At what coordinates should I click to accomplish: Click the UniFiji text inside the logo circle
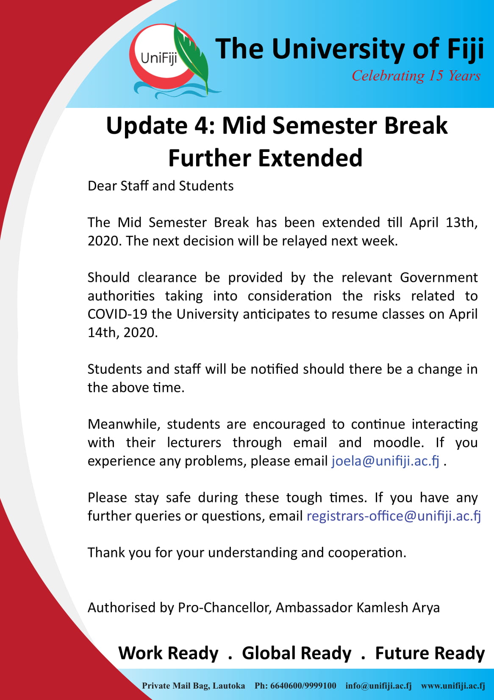[159, 58]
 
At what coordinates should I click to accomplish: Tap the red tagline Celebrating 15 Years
[416, 76]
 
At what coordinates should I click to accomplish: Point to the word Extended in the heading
[310, 158]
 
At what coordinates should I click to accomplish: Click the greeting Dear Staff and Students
[161, 186]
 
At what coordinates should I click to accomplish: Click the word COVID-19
[117, 314]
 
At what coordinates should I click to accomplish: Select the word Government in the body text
[438, 278]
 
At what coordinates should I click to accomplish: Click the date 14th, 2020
[122, 333]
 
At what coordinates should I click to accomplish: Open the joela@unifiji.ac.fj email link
[386, 461]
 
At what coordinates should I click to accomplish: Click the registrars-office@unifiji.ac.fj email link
[394, 516]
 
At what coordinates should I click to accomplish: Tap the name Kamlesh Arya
[398, 608]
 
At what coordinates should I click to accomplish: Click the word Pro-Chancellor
[225, 608]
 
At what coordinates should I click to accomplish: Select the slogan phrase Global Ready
[297, 653]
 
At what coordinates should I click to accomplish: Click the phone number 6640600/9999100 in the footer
[303, 686]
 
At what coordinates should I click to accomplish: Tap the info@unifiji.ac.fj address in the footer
[379, 686]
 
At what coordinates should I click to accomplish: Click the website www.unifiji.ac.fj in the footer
[453, 686]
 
